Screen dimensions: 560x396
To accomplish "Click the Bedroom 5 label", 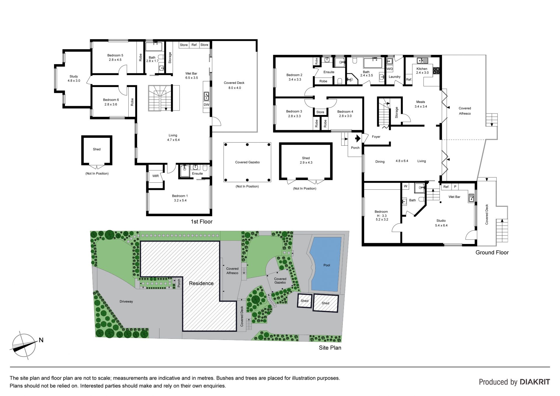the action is pos(115,55).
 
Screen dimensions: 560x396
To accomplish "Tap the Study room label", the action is pos(74,76).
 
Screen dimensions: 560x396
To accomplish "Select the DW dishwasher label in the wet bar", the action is pos(206,105).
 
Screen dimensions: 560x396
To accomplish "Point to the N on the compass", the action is pos(41,340).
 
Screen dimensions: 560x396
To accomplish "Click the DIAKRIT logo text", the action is pos(535,382).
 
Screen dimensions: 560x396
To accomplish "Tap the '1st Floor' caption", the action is pos(202,222).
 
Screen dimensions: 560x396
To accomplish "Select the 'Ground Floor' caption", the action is pos(492,253).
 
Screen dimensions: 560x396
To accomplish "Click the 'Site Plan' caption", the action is pos(330,348).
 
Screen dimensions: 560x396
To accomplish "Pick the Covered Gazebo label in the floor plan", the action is pos(247,162).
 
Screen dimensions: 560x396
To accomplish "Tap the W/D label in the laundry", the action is pos(390,69).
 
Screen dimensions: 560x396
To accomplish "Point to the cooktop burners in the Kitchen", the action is pos(436,70).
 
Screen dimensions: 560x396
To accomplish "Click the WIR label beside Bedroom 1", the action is pos(155,176).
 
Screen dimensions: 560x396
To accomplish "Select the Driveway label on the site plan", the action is pos(126,301).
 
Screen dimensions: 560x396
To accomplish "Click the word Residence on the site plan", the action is pos(201,283).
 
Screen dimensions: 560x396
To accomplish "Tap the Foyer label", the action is pos(376,137).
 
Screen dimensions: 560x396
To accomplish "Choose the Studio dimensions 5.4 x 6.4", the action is pos(441,226).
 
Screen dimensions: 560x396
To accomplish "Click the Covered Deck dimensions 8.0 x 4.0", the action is pos(235,88).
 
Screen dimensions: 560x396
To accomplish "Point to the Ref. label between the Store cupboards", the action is pos(194,45).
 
